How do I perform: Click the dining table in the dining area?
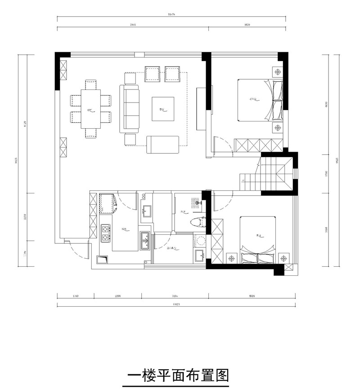tap(90, 109)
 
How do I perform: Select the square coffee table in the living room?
tap(163, 109)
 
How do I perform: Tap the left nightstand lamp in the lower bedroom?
tap(231, 259)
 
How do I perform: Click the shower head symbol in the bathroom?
tap(196, 202)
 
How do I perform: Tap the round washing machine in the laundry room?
tap(200, 240)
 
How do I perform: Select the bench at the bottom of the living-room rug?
tap(163, 144)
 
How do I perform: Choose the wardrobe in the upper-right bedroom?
tap(259, 145)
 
